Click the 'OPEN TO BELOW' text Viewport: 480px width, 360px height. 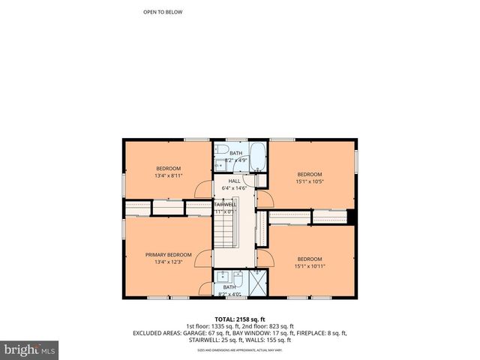click(x=163, y=12)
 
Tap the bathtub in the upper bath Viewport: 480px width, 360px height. click(x=256, y=157)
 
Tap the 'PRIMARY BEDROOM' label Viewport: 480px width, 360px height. click(x=168, y=255)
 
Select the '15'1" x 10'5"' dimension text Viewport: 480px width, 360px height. click(x=309, y=181)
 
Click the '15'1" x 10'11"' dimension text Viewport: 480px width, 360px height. click(x=310, y=266)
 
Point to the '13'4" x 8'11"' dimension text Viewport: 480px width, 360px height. click(x=168, y=175)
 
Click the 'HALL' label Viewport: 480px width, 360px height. click(x=234, y=181)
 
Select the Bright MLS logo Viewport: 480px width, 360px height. click(x=30, y=349)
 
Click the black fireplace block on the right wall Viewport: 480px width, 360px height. click(x=350, y=217)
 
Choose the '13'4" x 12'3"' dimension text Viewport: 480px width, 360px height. click(x=168, y=262)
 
